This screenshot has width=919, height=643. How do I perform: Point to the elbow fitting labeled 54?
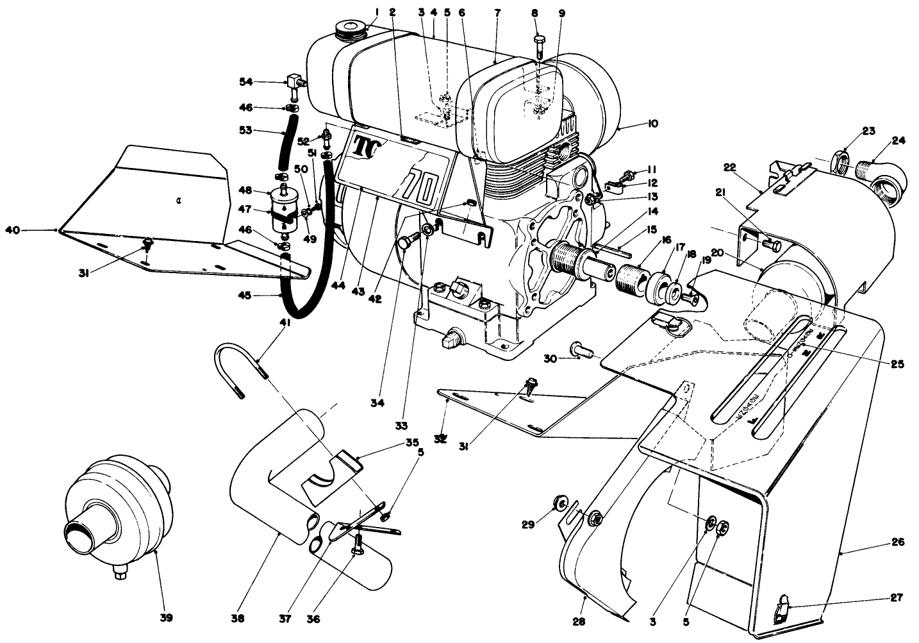click(297, 82)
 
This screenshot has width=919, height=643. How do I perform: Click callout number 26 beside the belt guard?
click(897, 542)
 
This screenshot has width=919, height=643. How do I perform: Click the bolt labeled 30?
click(575, 350)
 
